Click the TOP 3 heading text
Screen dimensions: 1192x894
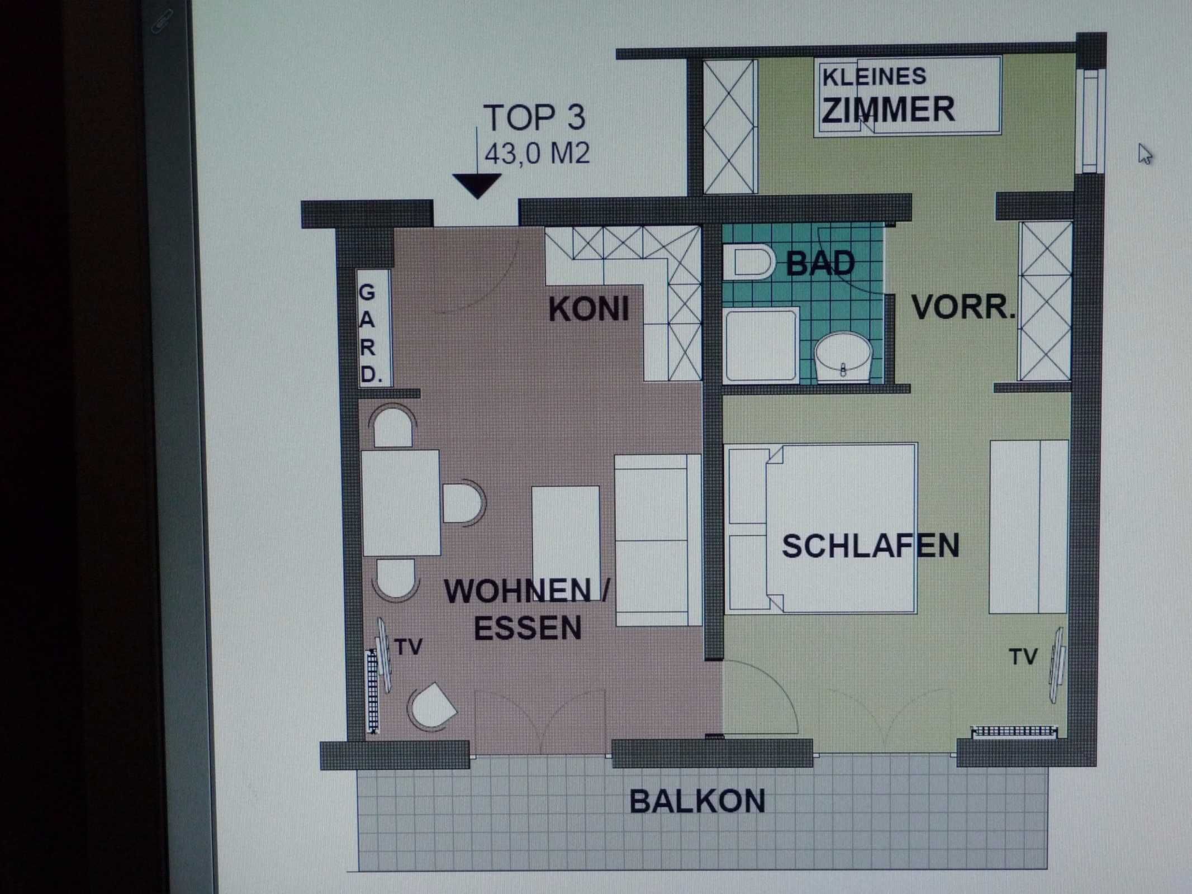(534, 117)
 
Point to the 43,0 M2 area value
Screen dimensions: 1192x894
(536, 153)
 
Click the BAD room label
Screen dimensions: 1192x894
(820, 263)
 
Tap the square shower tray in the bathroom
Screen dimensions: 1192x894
(761, 345)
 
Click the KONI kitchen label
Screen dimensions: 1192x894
(588, 309)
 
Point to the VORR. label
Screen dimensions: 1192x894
(963, 307)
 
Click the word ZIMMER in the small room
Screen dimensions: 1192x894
(888, 110)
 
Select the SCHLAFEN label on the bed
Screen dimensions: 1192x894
(870, 545)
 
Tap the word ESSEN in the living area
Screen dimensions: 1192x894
(528, 627)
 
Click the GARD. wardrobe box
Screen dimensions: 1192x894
(374, 329)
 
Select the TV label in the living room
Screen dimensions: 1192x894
(408, 647)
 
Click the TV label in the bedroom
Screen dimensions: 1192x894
(1023, 657)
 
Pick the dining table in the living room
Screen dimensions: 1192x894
(401, 503)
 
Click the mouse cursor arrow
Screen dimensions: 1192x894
(1144, 154)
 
